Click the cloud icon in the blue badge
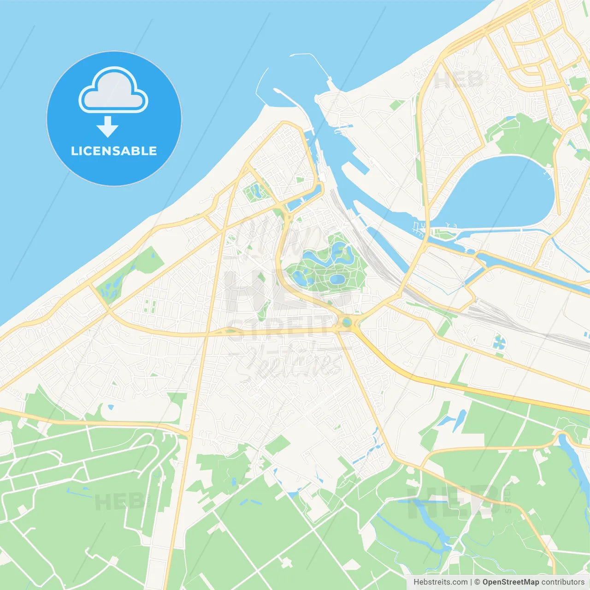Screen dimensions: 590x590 113,90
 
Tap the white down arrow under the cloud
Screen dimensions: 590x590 107,127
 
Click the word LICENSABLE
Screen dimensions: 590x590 114,151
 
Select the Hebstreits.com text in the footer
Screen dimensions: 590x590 440,582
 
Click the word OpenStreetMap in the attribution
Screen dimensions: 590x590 510,582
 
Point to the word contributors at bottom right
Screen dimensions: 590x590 563,582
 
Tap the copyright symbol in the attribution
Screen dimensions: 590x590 477,582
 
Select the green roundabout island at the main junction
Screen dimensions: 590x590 346,322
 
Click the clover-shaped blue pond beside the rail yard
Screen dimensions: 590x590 499,342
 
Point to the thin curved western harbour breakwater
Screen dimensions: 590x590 258,88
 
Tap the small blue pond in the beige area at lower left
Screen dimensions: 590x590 111,407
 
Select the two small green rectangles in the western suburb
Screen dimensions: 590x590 148,306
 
